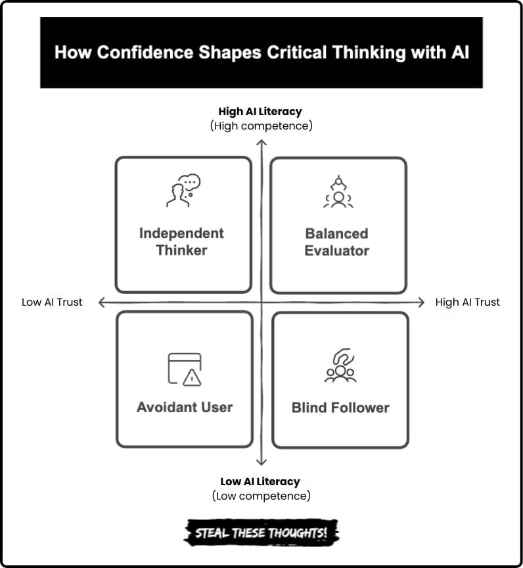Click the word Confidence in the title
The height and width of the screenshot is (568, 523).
(145, 52)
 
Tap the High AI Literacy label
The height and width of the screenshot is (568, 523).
(260, 112)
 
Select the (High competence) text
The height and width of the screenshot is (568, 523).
(261, 126)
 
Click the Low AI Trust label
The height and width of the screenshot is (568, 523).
(52, 302)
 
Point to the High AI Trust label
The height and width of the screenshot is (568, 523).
(468, 302)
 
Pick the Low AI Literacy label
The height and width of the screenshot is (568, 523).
(260, 482)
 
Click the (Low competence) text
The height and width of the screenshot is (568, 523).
(261, 496)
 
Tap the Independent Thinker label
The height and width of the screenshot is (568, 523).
(182, 242)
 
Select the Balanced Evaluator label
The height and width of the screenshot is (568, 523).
(337, 242)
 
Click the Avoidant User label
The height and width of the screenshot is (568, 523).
(185, 408)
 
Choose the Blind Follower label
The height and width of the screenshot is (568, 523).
(340, 408)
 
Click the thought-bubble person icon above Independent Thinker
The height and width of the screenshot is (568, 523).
(183, 191)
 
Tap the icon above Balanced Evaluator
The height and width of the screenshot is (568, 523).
(338, 191)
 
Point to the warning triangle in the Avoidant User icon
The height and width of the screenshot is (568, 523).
(192, 378)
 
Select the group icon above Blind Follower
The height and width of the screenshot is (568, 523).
(340, 366)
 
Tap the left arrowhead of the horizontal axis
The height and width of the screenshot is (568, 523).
(101, 302)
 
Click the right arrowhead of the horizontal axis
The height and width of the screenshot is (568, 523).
(422, 302)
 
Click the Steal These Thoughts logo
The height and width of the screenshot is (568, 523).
(261, 532)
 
